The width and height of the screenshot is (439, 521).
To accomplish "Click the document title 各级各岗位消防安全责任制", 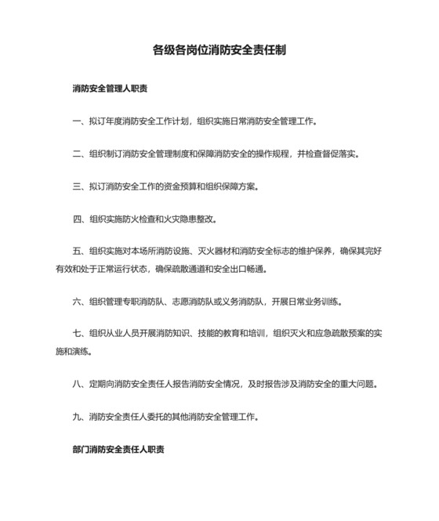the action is click(219, 50).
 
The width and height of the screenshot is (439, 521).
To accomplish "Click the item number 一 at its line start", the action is click(76, 121).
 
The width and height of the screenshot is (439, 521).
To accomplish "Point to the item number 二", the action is click(76, 154).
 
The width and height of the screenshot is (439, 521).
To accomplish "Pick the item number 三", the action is click(76, 187).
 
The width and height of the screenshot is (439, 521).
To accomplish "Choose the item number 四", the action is click(76, 220).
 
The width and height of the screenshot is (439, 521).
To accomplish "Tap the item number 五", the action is click(76, 252).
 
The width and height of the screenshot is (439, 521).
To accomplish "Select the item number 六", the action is click(76, 302).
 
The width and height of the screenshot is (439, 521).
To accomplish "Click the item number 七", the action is click(76, 335).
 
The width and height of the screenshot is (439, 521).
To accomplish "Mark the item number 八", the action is click(76, 384).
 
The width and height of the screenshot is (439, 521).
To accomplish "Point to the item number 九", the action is click(76, 417).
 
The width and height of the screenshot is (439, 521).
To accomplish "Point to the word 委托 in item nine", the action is click(156, 417).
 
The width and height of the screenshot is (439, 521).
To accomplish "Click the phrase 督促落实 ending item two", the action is click(340, 154).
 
